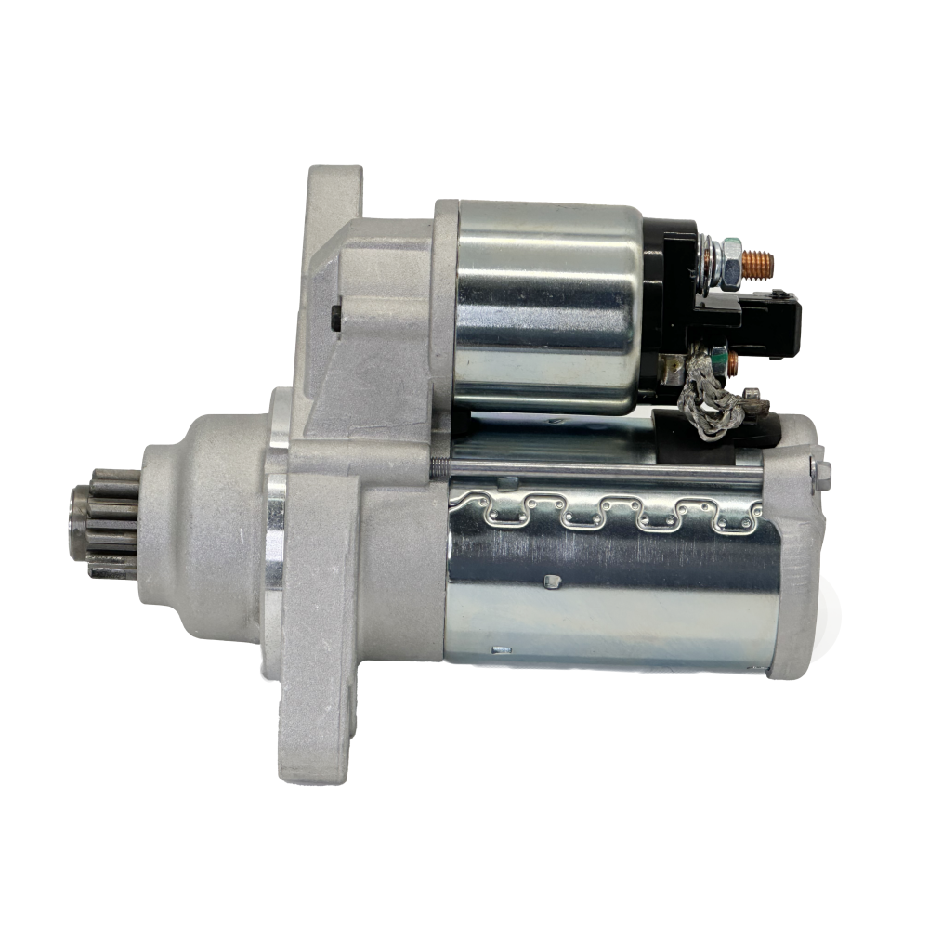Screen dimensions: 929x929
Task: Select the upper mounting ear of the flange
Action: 334,200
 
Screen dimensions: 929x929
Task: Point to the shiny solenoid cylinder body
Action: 548,307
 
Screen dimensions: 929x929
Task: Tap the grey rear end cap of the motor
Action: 801,576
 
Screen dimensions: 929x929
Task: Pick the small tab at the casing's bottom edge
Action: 501,649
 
